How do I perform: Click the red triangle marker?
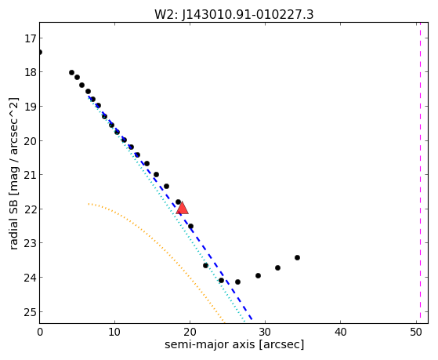tap(182, 208)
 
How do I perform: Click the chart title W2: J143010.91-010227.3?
tap(233, 14)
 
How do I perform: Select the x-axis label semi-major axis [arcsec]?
tap(234, 344)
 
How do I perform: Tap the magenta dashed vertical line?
tap(420, 173)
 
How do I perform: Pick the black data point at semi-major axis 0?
tap(40, 52)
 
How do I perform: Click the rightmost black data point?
tap(297, 257)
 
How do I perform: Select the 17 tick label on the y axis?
tap(30, 38)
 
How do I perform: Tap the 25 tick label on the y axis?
tap(30, 312)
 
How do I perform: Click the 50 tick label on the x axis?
tap(415, 333)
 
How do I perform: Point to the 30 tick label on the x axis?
tap(265, 333)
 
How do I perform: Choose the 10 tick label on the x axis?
tap(114, 333)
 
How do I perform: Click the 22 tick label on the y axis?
tap(30, 209)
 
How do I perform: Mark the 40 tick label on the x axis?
tap(340, 333)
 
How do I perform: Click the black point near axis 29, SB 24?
tap(258, 276)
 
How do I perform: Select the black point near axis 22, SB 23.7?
tap(205, 265)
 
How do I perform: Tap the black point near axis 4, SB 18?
tap(71, 73)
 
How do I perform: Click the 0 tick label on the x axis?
tap(40, 333)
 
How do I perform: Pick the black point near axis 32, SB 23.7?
tap(277, 268)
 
